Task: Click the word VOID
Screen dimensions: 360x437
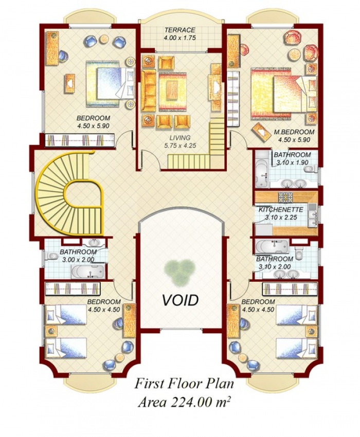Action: pyautogui.click(x=181, y=300)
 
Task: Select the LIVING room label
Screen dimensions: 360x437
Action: pyautogui.click(x=180, y=138)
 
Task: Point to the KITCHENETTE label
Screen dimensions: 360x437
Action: pyautogui.click(x=280, y=210)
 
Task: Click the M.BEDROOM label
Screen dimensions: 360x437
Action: pyautogui.click(x=294, y=132)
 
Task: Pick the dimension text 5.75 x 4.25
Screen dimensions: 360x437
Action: pyautogui.click(x=180, y=145)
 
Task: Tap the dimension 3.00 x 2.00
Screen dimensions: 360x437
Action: pyautogui.click(x=79, y=260)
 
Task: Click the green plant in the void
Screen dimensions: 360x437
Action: pyautogui.click(x=180, y=272)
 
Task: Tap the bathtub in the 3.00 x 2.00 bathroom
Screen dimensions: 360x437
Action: pyautogui.click(x=88, y=271)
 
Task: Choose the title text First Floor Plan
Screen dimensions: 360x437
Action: pyautogui.click(x=184, y=384)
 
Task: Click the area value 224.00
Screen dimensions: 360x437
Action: pyautogui.click(x=191, y=402)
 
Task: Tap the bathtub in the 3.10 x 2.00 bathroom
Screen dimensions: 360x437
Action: pyautogui.click(x=272, y=246)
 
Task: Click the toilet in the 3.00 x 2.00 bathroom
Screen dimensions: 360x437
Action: pyautogui.click(x=50, y=256)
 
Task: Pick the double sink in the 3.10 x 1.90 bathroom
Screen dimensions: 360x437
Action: pyautogui.click(x=293, y=184)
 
